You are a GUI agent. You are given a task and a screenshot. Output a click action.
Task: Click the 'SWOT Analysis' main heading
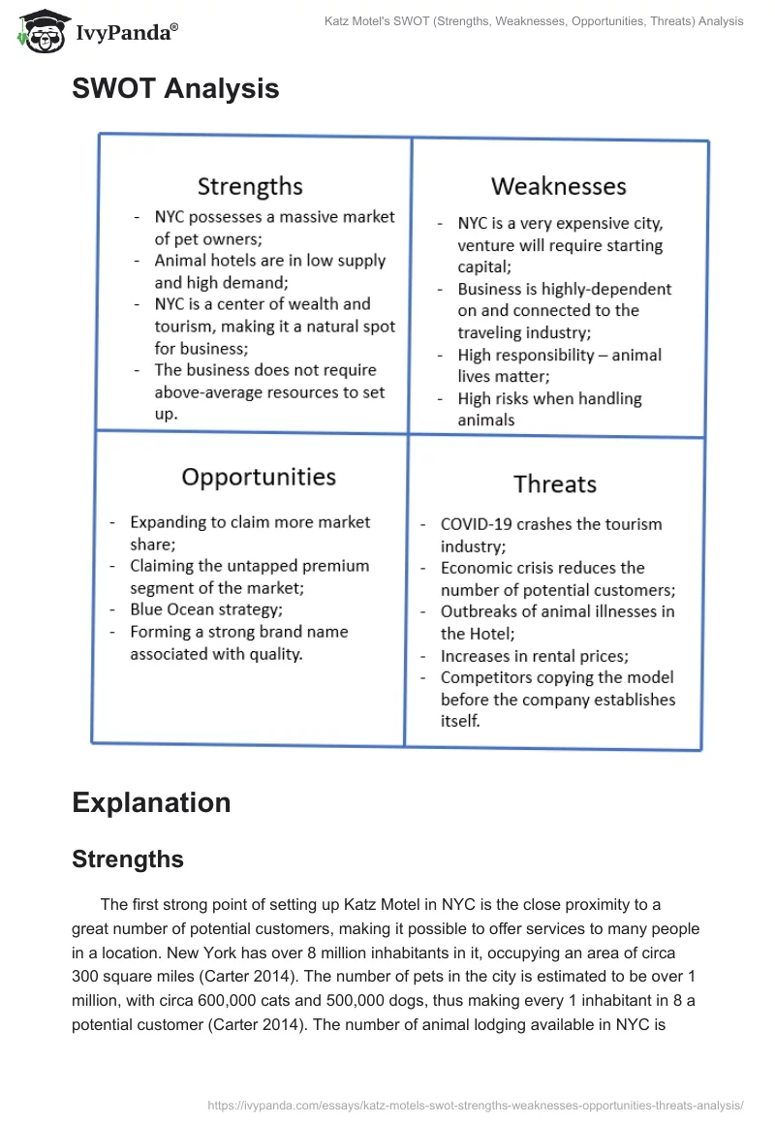pyautogui.click(x=175, y=88)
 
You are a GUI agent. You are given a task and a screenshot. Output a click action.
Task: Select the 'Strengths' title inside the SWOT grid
pyautogui.click(x=250, y=186)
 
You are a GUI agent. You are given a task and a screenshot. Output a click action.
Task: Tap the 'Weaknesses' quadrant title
pyautogui.click(x=558, y=186)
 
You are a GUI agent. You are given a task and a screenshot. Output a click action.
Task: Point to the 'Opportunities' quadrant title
pyautogui.click(x=259, y=477)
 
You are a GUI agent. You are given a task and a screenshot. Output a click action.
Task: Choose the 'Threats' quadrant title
pyautogui.click(x=554, y=484)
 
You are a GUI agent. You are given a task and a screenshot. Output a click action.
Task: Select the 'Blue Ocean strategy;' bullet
pyautogui.click(x=206, y=609)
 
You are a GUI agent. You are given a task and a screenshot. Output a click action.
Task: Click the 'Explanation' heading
pyautogui.click(x=151, y=802)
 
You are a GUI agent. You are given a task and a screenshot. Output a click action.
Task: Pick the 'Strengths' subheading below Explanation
pyautogui.click(x=128, y=859)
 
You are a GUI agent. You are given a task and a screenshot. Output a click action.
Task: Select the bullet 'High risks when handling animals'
pyautogui.click(x=549, y=409)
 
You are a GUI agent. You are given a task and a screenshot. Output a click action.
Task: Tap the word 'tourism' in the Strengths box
pyautogui.click(x=187, y=327)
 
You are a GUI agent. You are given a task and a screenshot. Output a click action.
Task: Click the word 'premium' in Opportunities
pyautogui.click(x=328, y=566)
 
